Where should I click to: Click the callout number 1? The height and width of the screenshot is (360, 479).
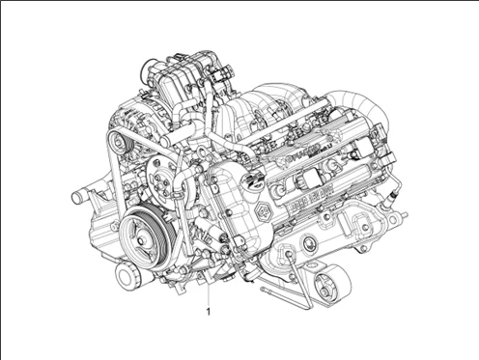[207, 311]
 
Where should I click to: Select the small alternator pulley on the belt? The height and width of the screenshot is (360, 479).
[117, 146]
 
